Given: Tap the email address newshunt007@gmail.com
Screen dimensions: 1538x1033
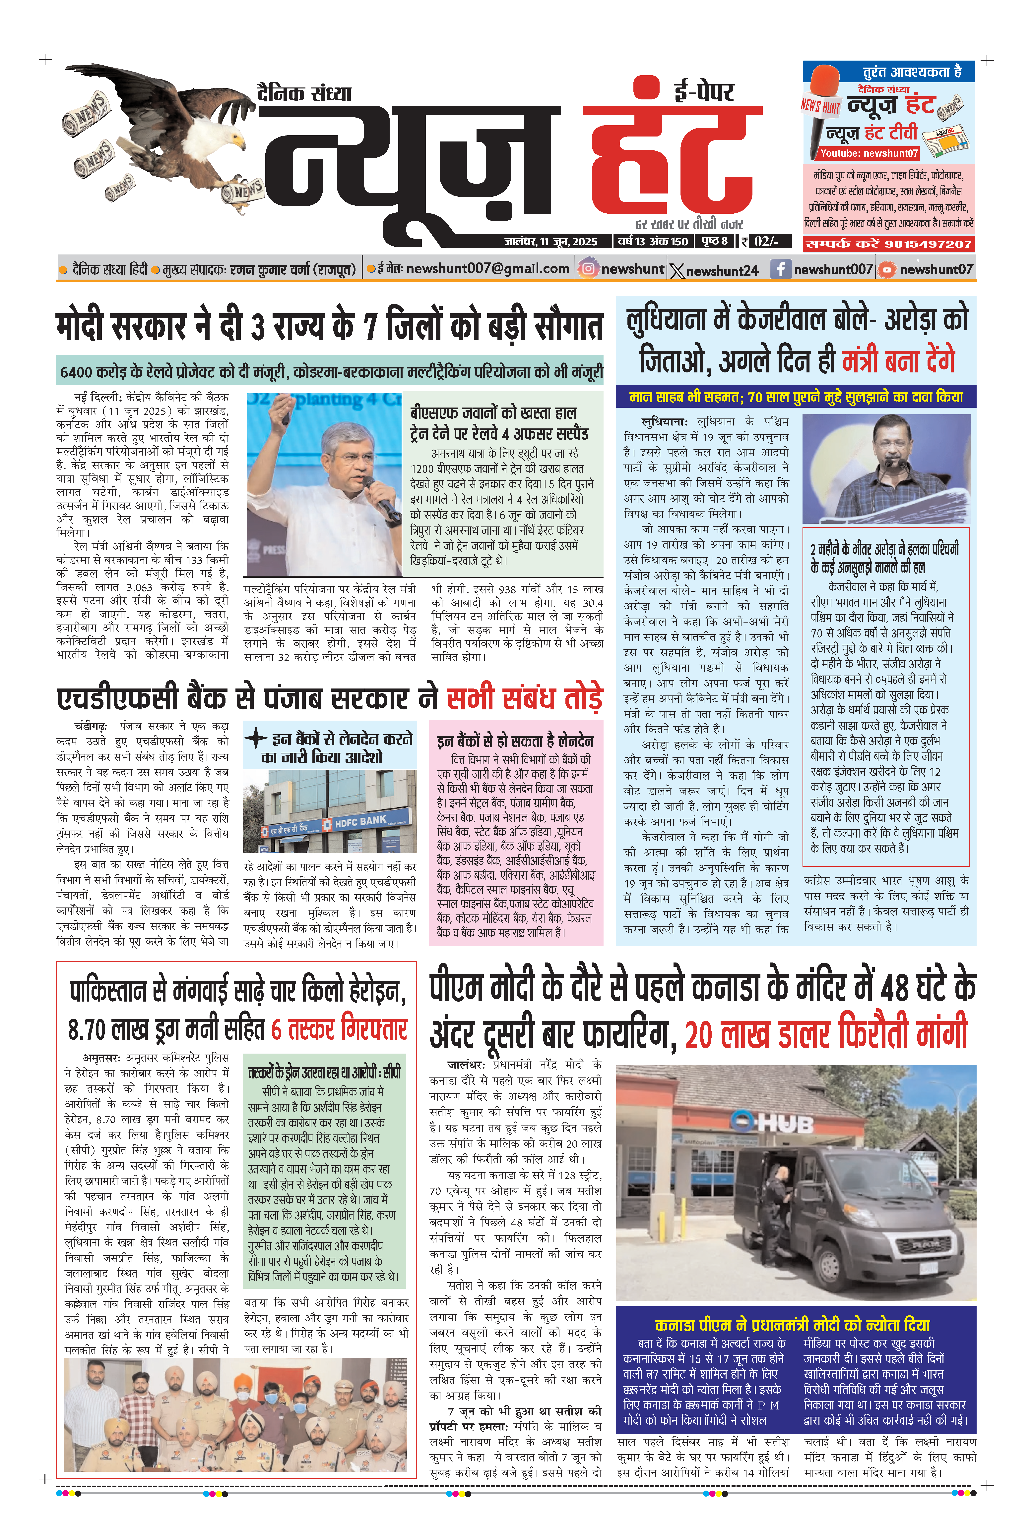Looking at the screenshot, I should (x=487, y=269).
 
